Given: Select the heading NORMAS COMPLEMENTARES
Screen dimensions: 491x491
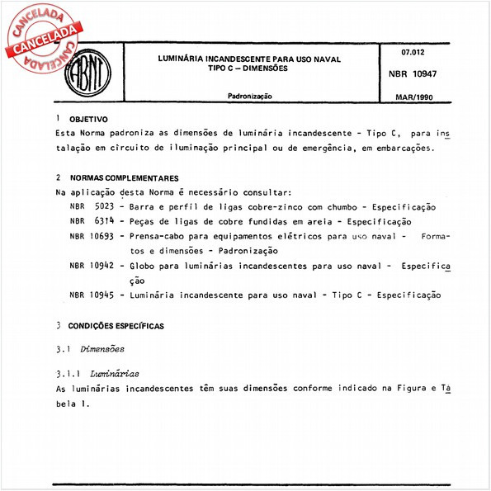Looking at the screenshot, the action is click(124, 178).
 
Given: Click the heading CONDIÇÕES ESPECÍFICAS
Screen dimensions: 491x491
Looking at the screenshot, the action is click(116, 327).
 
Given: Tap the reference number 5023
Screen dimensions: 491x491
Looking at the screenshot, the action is click(104, 207).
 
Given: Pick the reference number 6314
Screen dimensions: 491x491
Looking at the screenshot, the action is click(104, 222).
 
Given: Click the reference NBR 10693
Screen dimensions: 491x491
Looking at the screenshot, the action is click(90, 237).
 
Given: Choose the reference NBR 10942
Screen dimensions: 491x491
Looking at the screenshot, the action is click(90, 267).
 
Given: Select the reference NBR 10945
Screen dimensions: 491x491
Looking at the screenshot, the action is click(90, 295).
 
